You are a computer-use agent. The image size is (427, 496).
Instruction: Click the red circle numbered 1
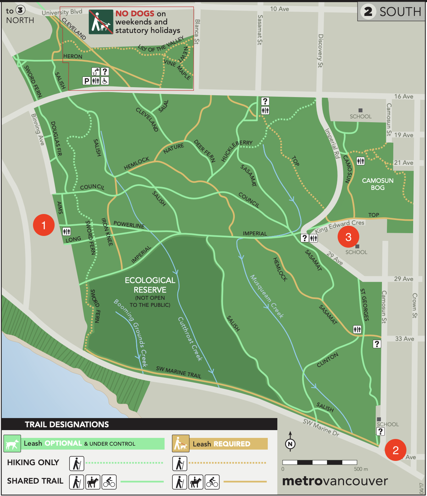(44, 225)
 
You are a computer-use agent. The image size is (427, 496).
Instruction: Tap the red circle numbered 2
(395, 450)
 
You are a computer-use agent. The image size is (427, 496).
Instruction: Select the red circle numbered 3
(348, 237)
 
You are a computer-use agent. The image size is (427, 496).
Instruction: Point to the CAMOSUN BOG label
(378, 184)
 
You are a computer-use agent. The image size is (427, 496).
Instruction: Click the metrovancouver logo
(335, 481)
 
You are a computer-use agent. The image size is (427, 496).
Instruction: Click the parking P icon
(86, 81)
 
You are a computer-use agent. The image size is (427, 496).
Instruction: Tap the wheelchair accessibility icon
(105, 81)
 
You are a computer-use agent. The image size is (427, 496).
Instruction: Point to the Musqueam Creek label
(267, 296)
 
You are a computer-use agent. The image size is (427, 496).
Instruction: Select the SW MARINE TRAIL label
(179, 372)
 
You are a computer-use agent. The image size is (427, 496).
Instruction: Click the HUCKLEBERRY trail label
(237, 150)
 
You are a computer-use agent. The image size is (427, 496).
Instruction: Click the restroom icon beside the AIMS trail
(66, 232)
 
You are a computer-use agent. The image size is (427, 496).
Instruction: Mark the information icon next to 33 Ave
(377, 343)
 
